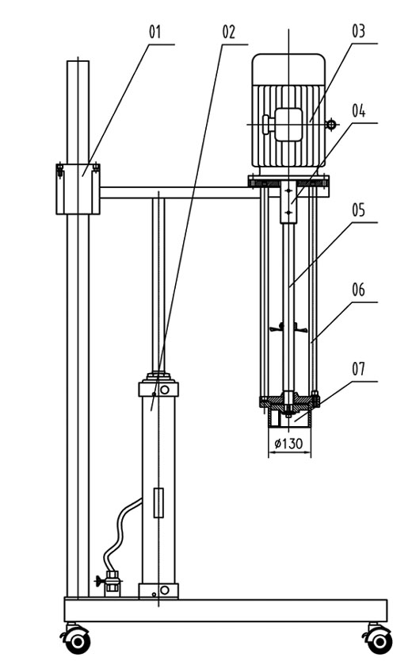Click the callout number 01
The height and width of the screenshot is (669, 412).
(154, 32)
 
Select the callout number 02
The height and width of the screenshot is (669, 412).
(228, 32)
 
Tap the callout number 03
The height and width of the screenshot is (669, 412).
(358, 31)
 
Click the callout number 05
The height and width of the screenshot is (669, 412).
(358, 210)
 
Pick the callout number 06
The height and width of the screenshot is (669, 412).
(358, 290)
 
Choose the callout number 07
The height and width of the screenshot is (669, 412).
(358, 369)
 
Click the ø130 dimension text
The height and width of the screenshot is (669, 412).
(289, 444)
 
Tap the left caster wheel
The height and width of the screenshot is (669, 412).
(77, 640)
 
